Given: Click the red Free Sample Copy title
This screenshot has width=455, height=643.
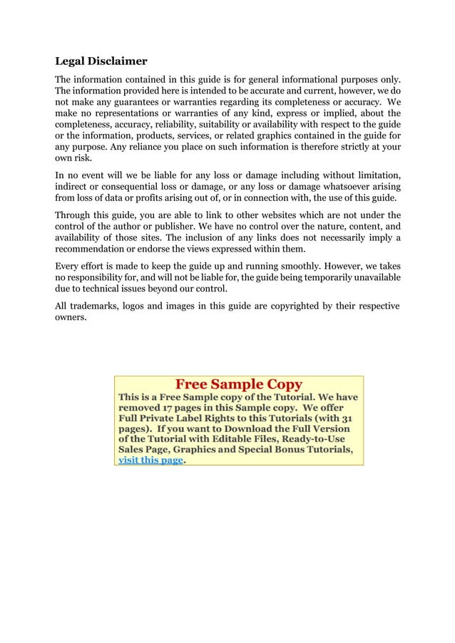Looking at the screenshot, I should tap(239, 384).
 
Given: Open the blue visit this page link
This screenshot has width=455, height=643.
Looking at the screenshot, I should tap(150, 460).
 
